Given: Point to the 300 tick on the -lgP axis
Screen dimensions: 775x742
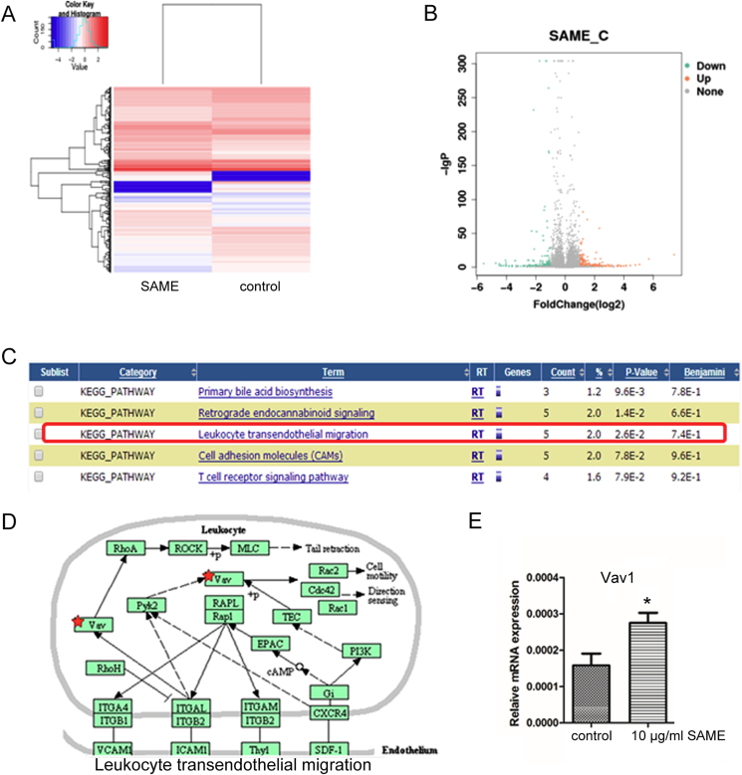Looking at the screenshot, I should pos(457,62).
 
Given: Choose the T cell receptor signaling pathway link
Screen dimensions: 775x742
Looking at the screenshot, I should pos(273,477).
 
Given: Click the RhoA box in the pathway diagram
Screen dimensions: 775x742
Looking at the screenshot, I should pos(124,547).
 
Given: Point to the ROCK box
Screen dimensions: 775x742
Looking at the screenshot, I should pos(191,547).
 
